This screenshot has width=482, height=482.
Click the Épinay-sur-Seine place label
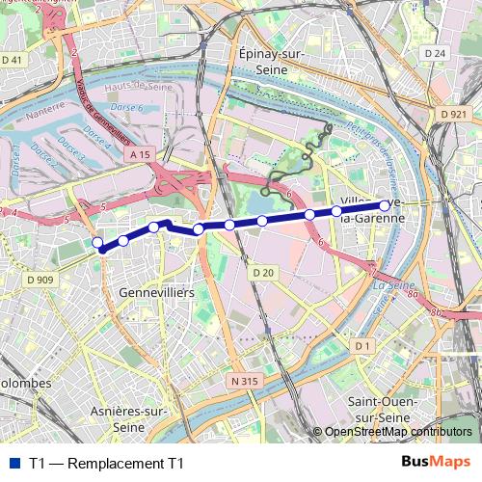(272, 63)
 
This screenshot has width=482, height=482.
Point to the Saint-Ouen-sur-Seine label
(382, 409)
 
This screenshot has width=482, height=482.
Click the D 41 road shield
(13, 60)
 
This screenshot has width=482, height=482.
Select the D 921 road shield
(453, 115)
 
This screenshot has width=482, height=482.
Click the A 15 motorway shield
(139, 154)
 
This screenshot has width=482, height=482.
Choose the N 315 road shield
(245, 382)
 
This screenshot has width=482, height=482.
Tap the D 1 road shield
(361, 345)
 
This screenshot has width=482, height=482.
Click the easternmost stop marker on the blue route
(385, 205)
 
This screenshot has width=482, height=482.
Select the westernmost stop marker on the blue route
(96, 242)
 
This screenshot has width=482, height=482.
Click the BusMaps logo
(436, 463)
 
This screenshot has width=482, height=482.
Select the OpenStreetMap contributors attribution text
(397, 432)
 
